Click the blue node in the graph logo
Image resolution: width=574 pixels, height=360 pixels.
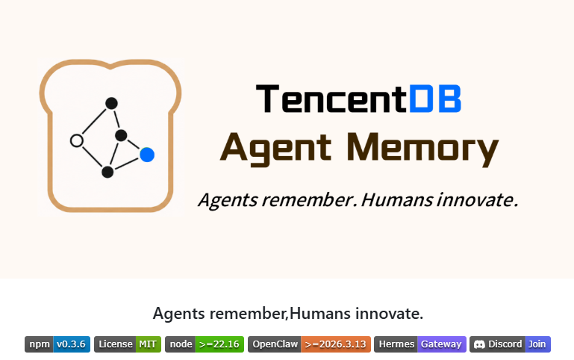147,155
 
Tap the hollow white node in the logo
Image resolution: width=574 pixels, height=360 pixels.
77,140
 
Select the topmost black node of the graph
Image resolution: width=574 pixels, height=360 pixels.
111,103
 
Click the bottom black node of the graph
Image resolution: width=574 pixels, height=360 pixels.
107,172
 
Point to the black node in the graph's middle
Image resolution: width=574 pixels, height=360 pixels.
121,135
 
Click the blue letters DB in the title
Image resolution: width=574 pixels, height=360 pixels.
435,99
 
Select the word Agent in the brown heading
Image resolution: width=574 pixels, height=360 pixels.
276,149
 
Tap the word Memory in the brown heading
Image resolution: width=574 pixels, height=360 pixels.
422,149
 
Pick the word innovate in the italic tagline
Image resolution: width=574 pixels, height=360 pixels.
478,200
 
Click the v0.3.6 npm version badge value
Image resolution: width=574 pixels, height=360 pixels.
72,344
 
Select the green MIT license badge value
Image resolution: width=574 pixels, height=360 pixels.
148,344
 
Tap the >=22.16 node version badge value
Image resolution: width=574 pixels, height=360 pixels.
219,344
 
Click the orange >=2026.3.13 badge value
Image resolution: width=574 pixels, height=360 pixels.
336,344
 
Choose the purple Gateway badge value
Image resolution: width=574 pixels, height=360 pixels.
441,344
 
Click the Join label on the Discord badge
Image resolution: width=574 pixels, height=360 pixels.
537,344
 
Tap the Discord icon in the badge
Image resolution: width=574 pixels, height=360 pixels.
479,344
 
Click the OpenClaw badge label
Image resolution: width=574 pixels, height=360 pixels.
275,344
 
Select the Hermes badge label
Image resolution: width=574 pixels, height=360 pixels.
396,344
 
